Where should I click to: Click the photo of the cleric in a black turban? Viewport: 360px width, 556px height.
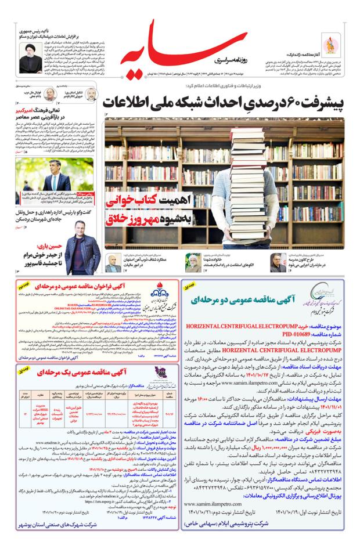[27, 58]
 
